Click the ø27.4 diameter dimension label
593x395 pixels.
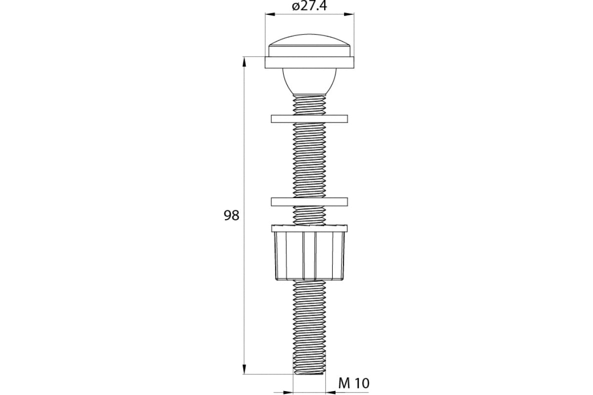[309, 6]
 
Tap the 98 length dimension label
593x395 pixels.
[231, 215]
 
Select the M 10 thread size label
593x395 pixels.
[354, 383]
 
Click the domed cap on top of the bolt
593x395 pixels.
[309, 45]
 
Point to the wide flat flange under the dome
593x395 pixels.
[309, 62]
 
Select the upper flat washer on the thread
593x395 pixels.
[309, 119]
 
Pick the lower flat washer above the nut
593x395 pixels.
[309, 201]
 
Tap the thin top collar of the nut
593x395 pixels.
[309, 228]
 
